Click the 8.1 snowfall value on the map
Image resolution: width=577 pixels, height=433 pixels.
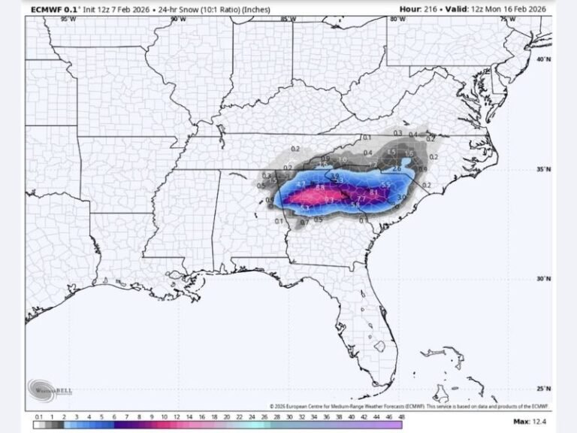(x=373, y=193)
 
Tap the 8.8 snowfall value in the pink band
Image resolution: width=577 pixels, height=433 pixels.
(x=321, y=187)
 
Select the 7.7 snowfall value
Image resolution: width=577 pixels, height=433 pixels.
(x=361, y=198)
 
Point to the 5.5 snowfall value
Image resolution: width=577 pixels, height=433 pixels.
(x=385, y=185)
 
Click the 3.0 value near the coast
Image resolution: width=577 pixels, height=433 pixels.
(x=400, y=197)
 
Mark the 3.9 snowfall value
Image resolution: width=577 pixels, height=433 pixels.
(x=335, y=176)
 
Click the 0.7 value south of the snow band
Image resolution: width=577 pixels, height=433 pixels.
(x=304, y=223)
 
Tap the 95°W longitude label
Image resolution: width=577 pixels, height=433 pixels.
(x=66, y=19)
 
